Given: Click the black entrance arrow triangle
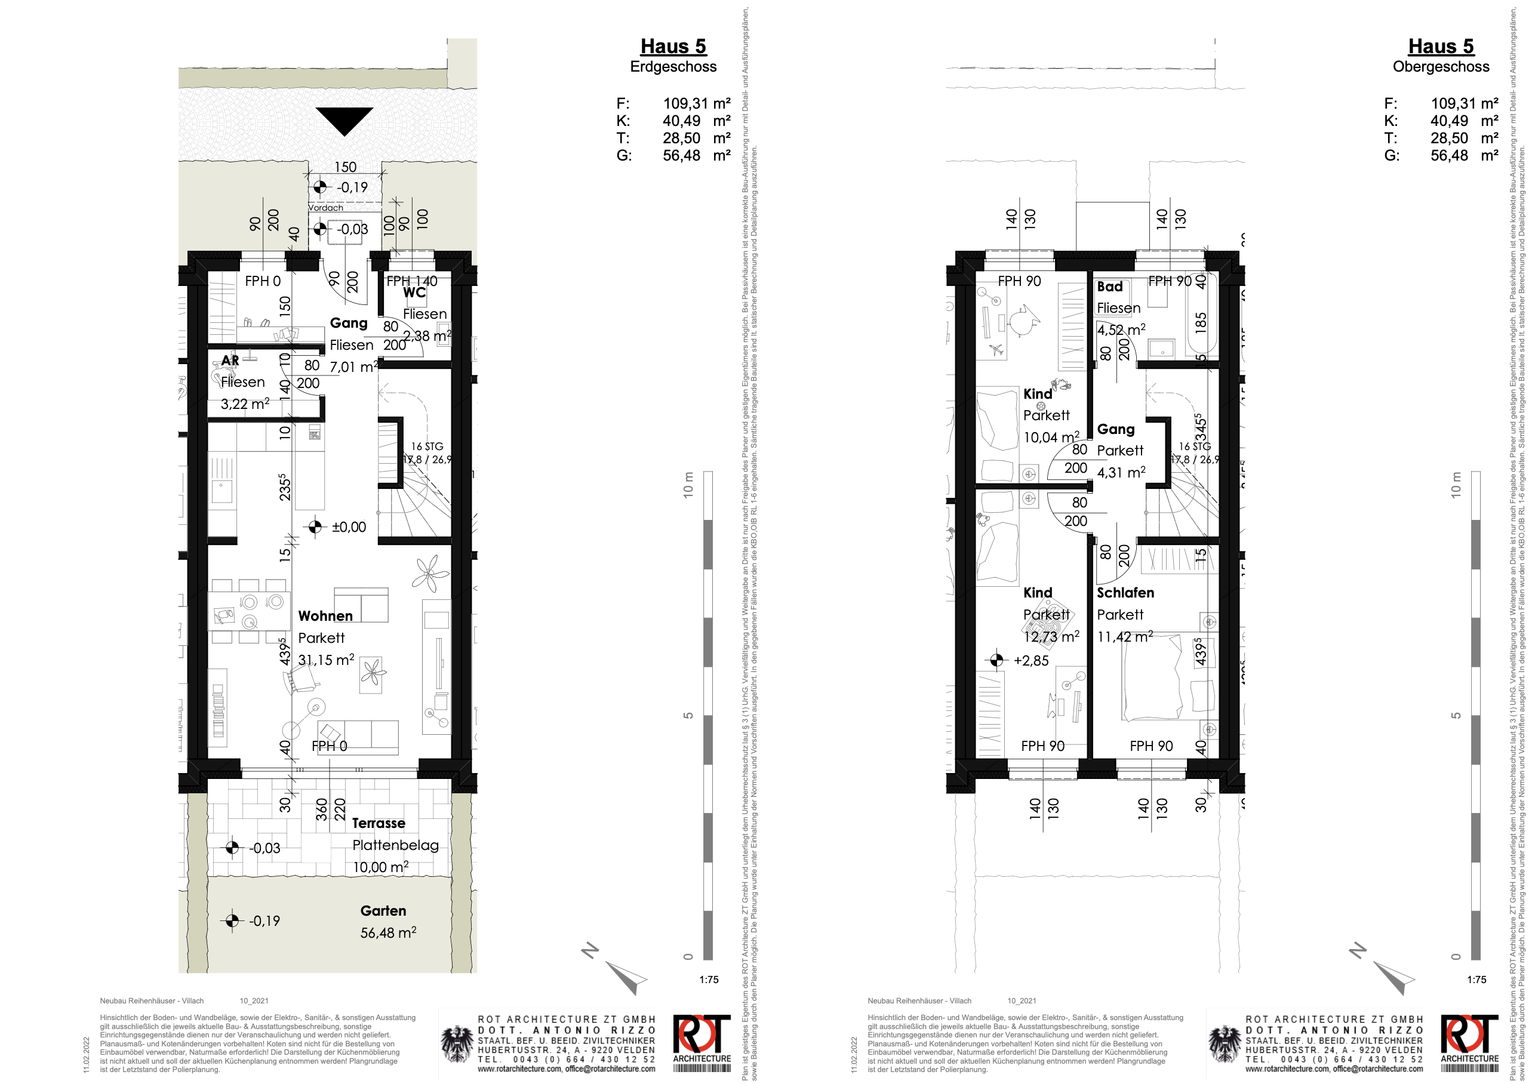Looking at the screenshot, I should pyautogui.click(x=344, y=119).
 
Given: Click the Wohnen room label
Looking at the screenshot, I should pyautogui.click(x=325, y=615).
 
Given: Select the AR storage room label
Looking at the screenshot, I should pyautogui.click(x=230, y=361).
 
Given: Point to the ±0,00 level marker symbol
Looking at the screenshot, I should pyautogui.click(x=315, y=527).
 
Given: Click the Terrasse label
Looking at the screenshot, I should pyautogui.click(x=378, y=823).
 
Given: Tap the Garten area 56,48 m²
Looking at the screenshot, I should pyautogui.click(x=388, y=932).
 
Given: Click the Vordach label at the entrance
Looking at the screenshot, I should pyautogui.click(x=325, y=208).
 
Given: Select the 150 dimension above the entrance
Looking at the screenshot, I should pyautogui.click(x=345, y=167).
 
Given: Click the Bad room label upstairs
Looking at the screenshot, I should pyautogui.click(x=1109, y=287).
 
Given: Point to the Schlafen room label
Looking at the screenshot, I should pyautogui.click(x=1125, y=592).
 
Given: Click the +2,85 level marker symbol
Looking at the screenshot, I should pyautogui.click(x=996, y=660).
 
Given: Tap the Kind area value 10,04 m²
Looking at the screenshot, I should pyautogui.click(x=1051, y=437).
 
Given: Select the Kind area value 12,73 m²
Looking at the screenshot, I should pyautogui.click(x=1051, y=637).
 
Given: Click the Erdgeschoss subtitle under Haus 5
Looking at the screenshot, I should pyautogui.click(x=673, y=67).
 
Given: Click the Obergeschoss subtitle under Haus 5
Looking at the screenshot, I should pyautogui.click(x=1441, y=67).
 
